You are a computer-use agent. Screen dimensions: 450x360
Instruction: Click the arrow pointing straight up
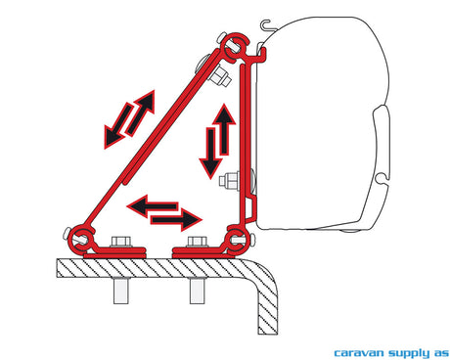pos(225,129)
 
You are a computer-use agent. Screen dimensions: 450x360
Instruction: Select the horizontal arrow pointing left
pos(153,205)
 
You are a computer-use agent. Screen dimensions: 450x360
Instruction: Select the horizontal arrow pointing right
pos(176,219)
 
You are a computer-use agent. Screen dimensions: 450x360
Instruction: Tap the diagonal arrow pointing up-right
pos(140,112)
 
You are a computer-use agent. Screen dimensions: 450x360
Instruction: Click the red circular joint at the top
pos(235,46)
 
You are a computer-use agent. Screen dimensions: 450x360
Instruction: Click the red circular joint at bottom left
pos(81,240)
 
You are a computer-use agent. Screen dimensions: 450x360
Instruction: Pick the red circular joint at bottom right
pos(239,240)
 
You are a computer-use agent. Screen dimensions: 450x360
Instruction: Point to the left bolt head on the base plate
pos(121,242)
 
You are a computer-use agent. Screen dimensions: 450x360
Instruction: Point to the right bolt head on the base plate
pos(197,242)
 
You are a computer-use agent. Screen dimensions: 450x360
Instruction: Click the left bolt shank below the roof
pos(121,291)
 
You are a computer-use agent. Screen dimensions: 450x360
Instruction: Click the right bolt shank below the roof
pos(197,291)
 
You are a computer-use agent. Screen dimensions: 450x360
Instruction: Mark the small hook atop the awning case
pos(267,25)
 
